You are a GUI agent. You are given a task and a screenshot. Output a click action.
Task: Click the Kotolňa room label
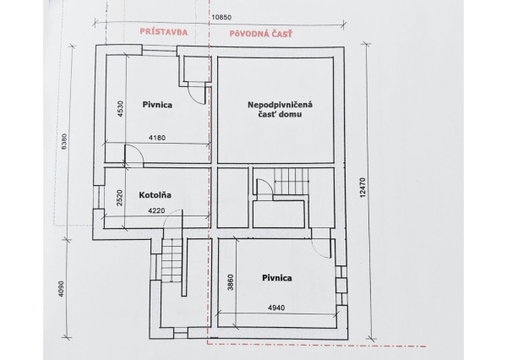click(155, 195)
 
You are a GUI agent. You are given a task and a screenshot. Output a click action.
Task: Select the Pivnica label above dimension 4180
click(158, 105)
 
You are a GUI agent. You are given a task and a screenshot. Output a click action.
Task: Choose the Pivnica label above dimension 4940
click(276, 276)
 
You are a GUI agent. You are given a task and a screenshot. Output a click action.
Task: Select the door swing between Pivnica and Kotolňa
click(134, 155)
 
